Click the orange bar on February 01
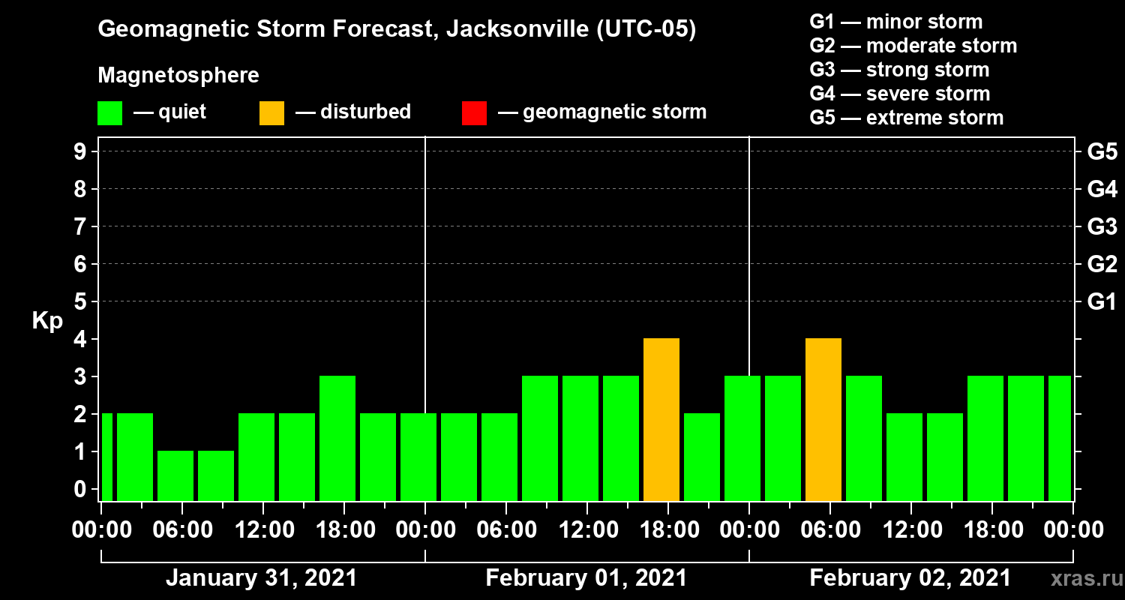[x=661, y=420]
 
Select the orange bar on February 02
[x=823, y=420]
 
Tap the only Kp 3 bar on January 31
[x=337, y=439]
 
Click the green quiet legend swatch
[x=109, y=113]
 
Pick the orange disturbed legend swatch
[x=271, y=113]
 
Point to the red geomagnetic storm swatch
[x=474, y=113]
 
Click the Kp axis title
[x=47, y=321]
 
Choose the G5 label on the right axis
[x=1102, y=152]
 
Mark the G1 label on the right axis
[x=1102, y=302]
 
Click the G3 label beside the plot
[x=1102, y=227]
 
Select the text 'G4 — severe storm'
[x=899, y=94]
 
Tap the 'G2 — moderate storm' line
[x=913, y=46]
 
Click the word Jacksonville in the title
[x=511, y=29]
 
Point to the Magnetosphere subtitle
[x=178, y=76]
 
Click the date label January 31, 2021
[x=261, y=578]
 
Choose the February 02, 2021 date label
[x=910, y=578]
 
